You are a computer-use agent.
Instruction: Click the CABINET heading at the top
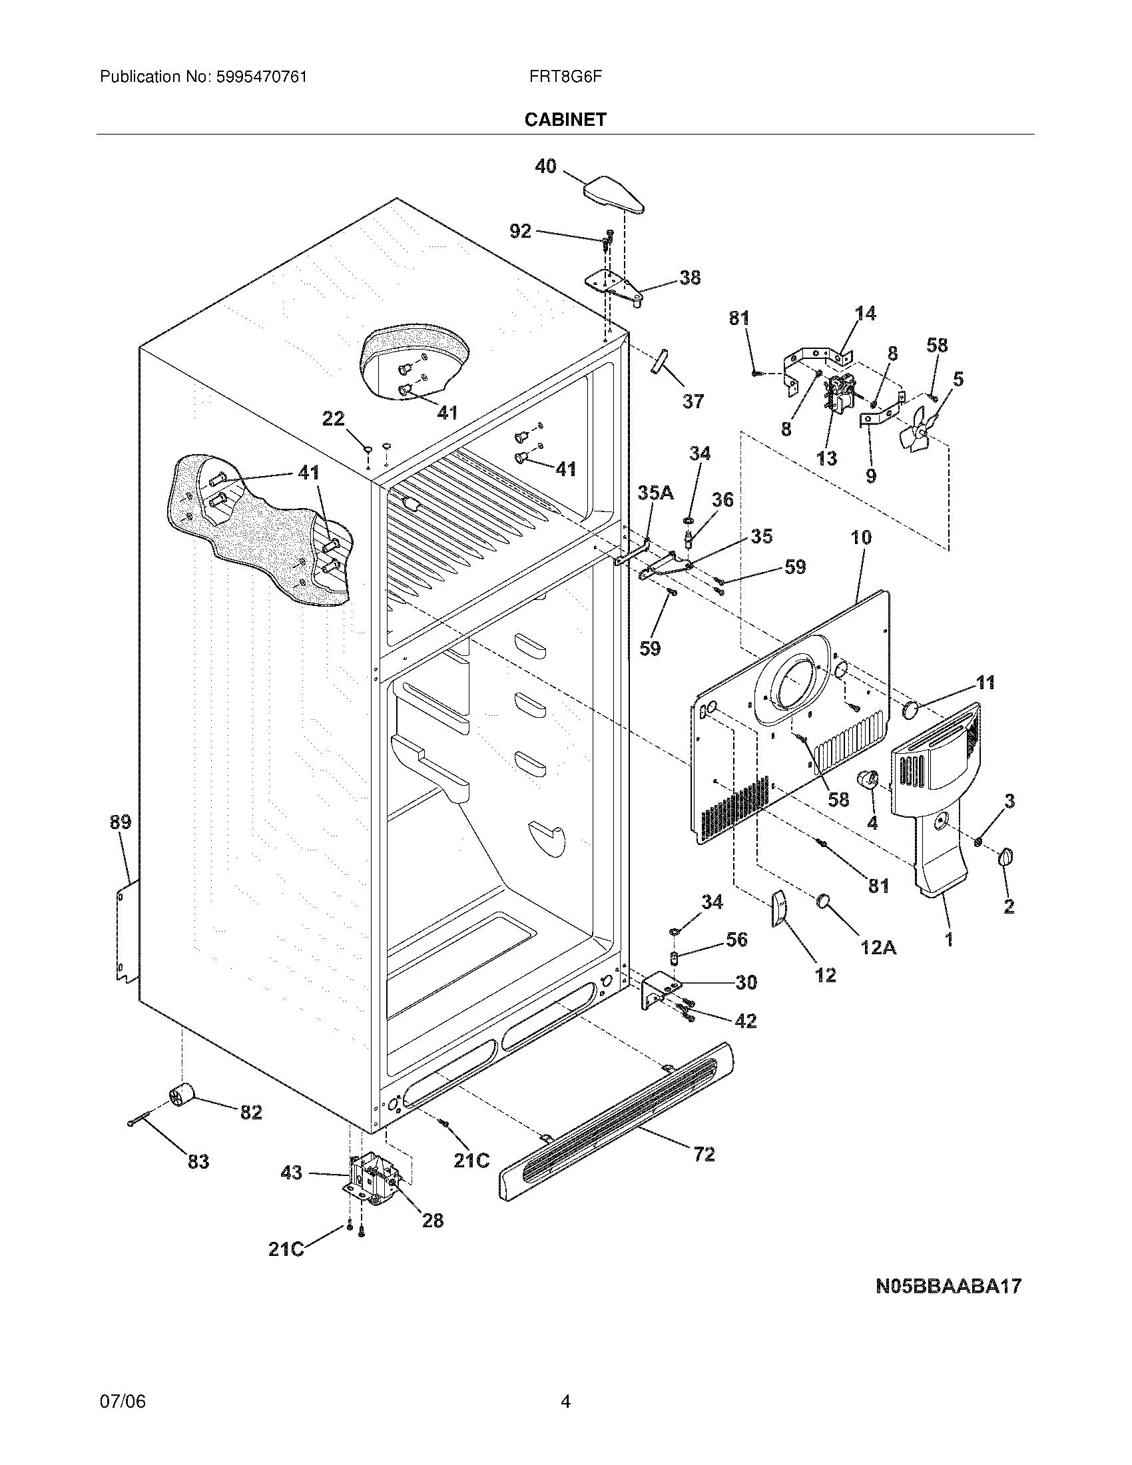[x=565, y=120]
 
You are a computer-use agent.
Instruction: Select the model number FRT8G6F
[x=565, y=77]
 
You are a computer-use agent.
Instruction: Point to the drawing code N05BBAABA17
[x=948, y=1286]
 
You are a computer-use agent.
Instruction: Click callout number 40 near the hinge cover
[x=545, y=166]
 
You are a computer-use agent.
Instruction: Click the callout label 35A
[x=655, y=493]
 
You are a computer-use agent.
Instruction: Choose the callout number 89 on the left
[x=121, y=822]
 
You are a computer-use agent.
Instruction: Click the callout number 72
[x=704, y=1154]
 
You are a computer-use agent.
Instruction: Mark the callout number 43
[x=291, y=1173]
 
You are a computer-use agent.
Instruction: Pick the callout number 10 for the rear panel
[x=861, y=537]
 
